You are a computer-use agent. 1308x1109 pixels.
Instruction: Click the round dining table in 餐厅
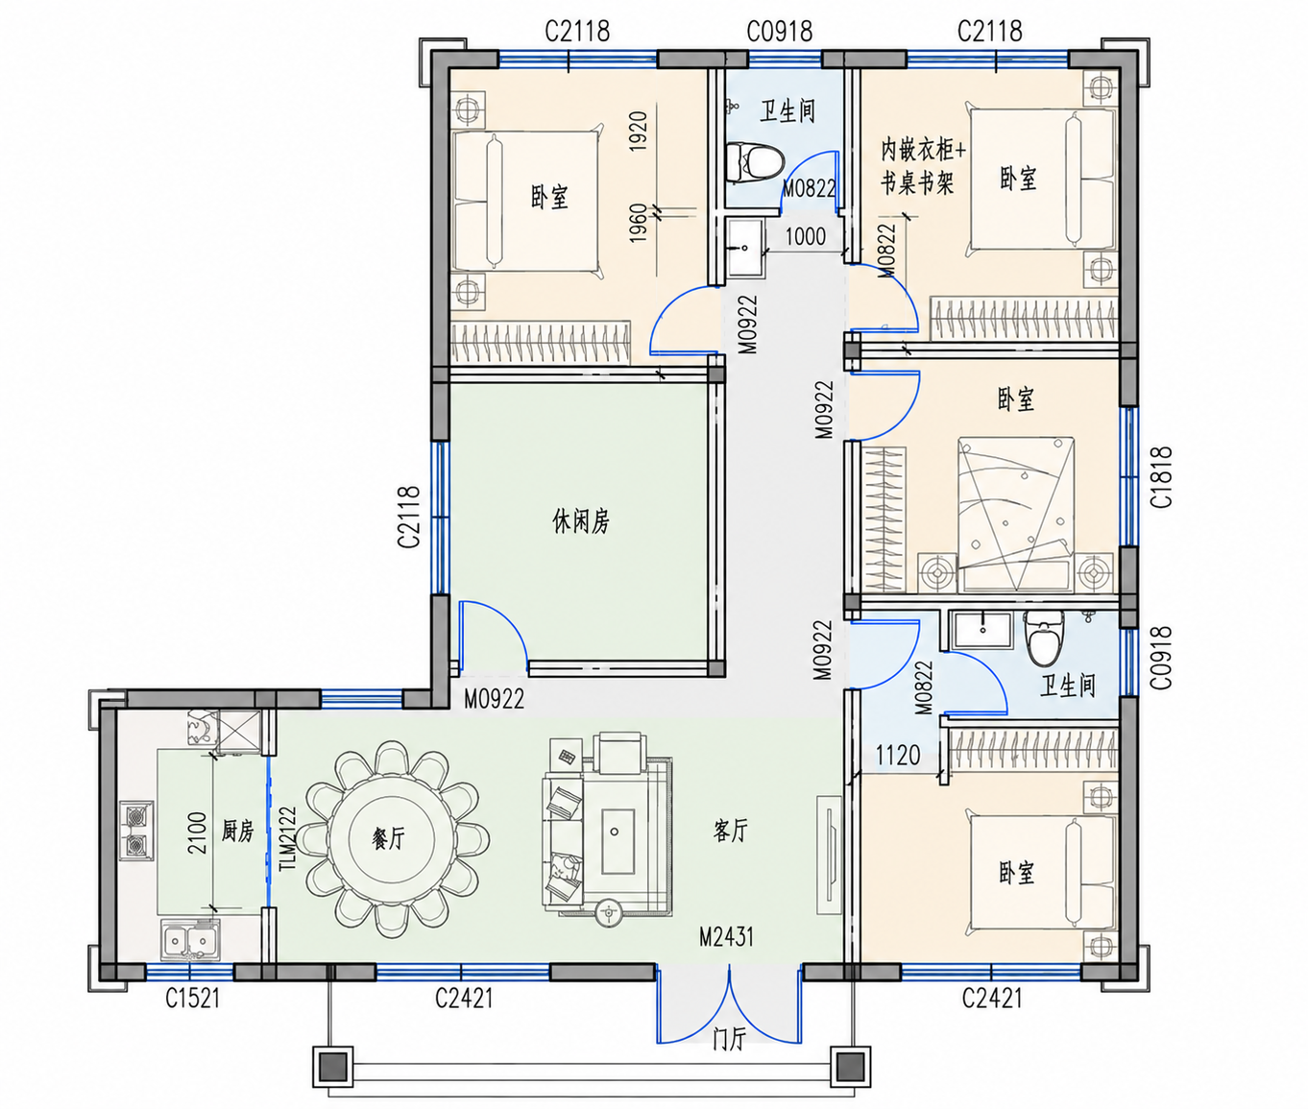point(389,839)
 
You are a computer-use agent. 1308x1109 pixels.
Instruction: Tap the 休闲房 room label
point(581,522)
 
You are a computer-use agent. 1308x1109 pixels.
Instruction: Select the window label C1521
point(193,999)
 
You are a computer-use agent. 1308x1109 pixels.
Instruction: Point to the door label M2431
point(726,937)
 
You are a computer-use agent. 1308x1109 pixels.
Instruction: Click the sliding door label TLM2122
point(287,838)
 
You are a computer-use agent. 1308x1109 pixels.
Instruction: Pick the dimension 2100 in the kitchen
point(198,833)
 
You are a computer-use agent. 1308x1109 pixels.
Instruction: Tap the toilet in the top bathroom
point(755,161)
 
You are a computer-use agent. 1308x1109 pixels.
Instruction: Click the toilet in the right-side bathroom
point(1044,637)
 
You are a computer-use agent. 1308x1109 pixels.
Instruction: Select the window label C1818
point(1162,477)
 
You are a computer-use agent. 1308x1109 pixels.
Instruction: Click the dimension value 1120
point(898,755)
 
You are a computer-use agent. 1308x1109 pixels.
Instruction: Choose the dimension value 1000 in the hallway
point(806,236)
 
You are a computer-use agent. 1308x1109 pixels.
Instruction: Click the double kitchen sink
point(190,940)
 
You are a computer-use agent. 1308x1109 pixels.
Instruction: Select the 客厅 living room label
point(730,830)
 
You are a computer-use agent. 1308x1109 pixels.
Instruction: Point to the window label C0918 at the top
point(780,31)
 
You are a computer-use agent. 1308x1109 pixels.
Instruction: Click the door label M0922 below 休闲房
point(495,699)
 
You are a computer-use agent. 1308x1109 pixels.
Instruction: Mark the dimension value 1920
point(639,131)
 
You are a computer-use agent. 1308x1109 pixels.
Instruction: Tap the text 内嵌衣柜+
point(924,151)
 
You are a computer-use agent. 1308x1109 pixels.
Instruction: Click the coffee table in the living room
point(617,841)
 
